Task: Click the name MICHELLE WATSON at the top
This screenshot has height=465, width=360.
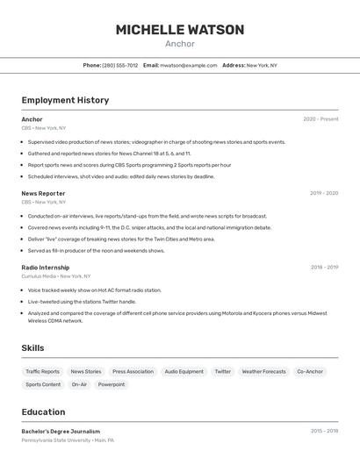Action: click(x=180, y=30)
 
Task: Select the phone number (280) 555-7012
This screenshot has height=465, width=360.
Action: click(x=120, y=65)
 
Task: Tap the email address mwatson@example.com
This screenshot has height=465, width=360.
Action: click(x=189, y=65)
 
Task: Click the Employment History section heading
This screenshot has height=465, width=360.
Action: click(x=65, y=100)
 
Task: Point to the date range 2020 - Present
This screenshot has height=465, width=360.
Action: click(x=320, y=119)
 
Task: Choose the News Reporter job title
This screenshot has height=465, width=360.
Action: click(x=43, y=193)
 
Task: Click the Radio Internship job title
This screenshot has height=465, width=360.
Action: click(x=46, y=268)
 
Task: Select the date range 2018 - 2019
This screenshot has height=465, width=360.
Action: click(x=324, y=268)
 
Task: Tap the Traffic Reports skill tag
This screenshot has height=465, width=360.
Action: click(x=42, y=371)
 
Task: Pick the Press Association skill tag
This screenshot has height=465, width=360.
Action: click(x=133, y=371)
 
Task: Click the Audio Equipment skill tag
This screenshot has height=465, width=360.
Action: click(x=184, y=371)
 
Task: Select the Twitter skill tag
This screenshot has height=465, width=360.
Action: click(x=223, y=371)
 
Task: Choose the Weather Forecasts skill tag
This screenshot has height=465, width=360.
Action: click(x=263, y=371)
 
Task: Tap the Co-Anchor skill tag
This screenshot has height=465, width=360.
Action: click(x=310, y=371)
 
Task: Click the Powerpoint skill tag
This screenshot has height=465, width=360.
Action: click(x=112, y=384)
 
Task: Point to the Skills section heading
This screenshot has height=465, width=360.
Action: click(x=32, y=348)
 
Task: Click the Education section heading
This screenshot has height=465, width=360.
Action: click(x=43, y=412)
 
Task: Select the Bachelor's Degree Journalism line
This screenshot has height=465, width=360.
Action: click(x=61, y=432)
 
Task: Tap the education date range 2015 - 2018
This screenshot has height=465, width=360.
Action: click(x=324, y=432)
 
